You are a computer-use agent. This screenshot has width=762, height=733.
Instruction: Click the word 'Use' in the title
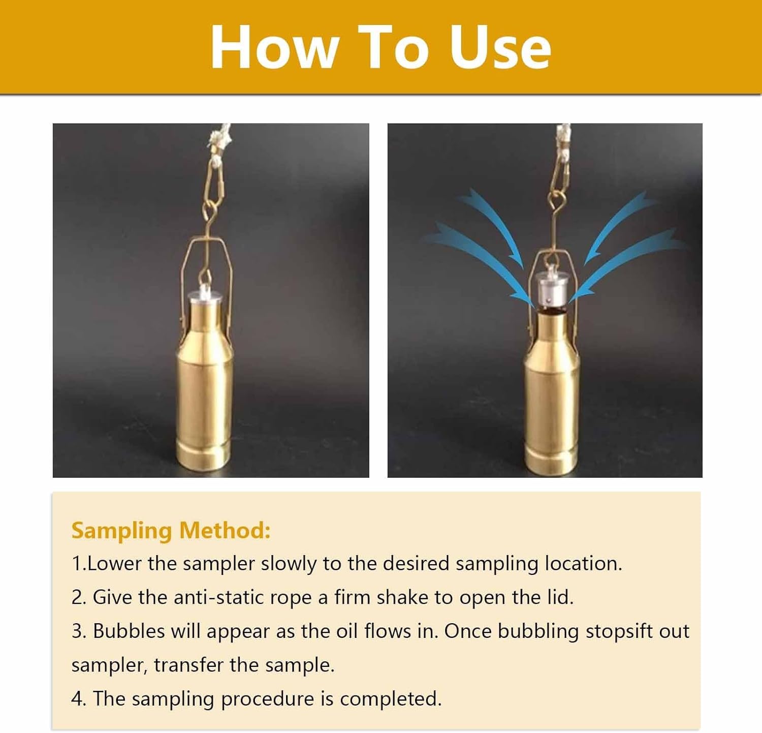[500, 47]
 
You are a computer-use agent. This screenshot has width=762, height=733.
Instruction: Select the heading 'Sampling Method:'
[171, 530]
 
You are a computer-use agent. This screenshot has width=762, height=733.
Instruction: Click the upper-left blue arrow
[495, 224]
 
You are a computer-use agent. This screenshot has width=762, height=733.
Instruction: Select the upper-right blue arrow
[617, 224]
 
